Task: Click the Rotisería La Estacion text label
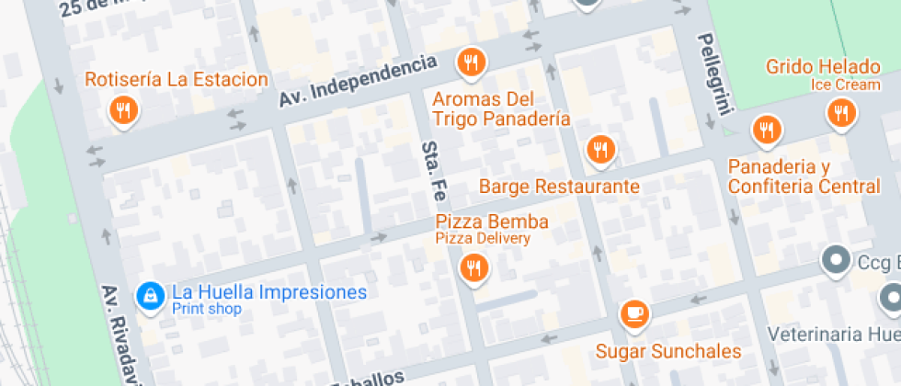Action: click(177, 79)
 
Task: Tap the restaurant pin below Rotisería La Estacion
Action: click(122, 111)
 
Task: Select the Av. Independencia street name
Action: click(357, 80)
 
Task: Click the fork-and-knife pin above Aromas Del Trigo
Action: click(472, 62)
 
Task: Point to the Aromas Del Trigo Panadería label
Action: click(501, 108)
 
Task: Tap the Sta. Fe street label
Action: click(434, 172)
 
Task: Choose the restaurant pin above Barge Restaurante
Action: click(600, 148)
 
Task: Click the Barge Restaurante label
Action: click(559, 187)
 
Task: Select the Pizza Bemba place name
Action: click(492, 221)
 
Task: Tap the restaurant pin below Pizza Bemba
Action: click(473, 267)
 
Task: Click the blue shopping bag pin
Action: click(149, 295)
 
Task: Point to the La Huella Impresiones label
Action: click(269, 293)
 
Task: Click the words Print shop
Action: click(207, 309)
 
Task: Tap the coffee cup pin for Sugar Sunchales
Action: click(633, 314)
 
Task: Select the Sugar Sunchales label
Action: click(668, 351)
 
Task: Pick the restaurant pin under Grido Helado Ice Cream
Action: click(840, 113)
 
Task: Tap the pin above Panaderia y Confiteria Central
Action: click(766, 131)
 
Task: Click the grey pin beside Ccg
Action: click(837, 261)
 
